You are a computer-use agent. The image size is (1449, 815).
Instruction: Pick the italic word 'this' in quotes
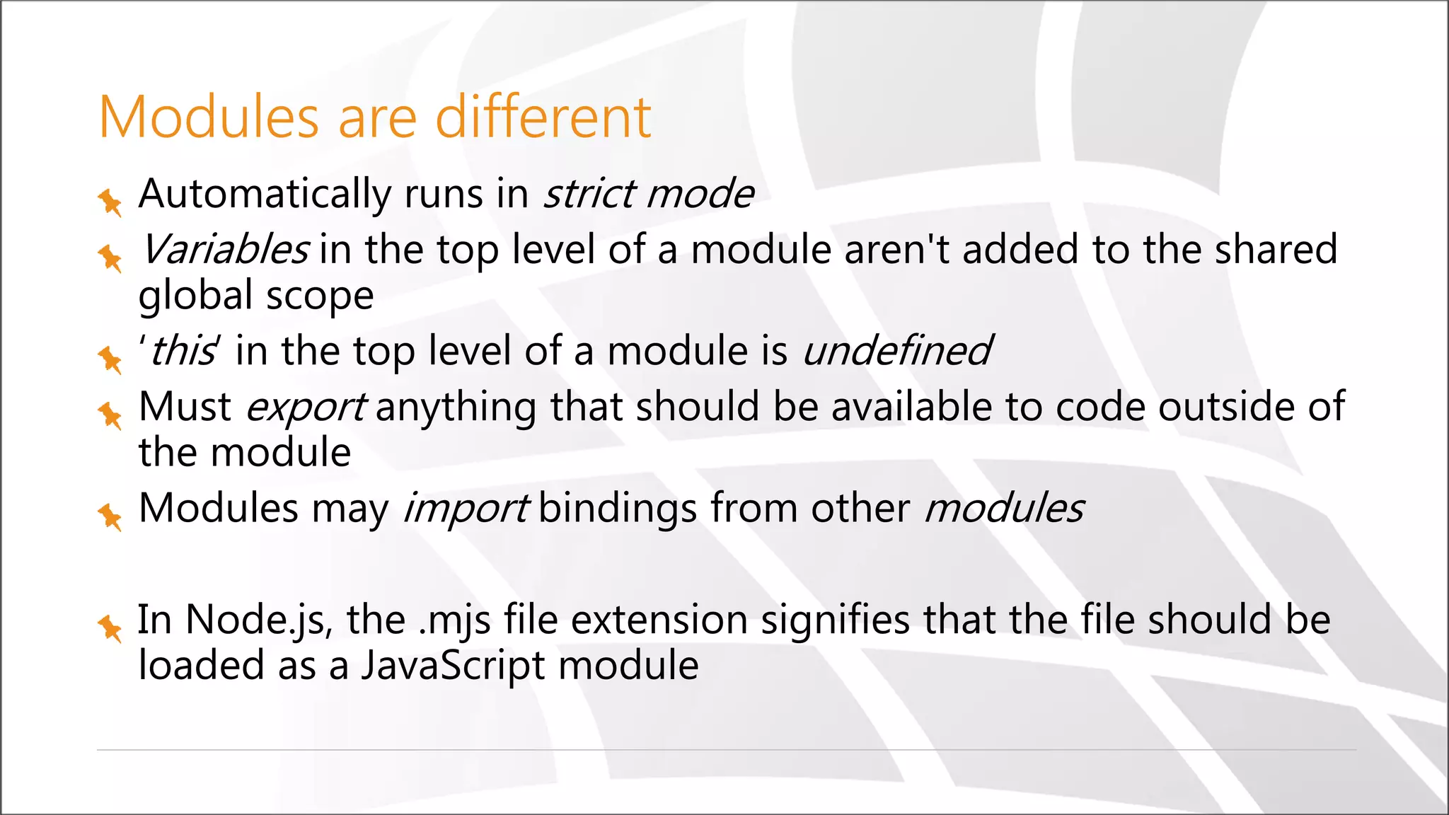pos(181,351)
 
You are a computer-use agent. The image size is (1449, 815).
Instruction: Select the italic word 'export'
pos(306,407)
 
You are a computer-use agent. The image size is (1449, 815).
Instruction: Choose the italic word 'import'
pos(466,508)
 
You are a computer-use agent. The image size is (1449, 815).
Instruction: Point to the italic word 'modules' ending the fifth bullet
pos(1004,508)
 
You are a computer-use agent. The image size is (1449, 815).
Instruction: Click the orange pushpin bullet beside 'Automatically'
pos(110,202)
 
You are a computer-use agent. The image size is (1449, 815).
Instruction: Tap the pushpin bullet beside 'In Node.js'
pos(110,628)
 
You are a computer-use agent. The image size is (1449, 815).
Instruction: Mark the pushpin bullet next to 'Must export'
pos(110,415)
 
